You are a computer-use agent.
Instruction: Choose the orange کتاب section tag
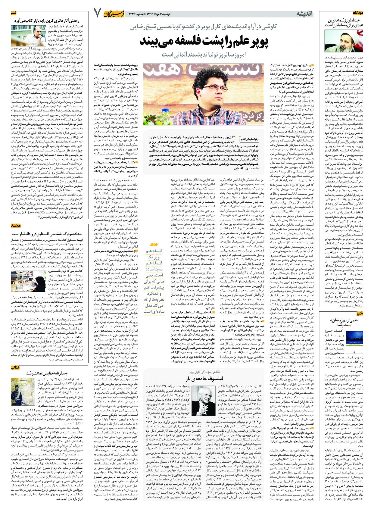coord(7,367)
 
